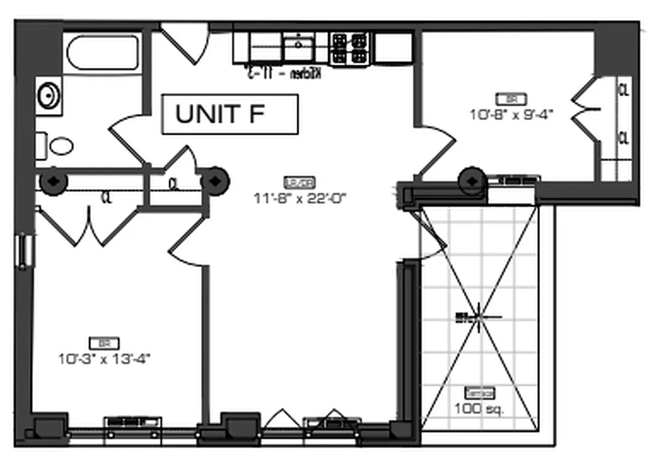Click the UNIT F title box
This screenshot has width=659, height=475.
point(229,114)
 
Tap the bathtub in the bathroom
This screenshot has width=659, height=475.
point(102,53)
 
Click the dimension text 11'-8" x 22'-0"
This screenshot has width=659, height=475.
point(300,199)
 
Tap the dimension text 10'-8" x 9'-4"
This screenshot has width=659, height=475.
point(511,115)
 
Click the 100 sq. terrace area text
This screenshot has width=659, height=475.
point(479,409)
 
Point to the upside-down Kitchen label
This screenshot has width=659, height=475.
point(284,74)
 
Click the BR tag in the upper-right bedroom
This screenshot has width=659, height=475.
point(511,99)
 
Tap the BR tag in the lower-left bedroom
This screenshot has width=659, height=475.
point(104,343)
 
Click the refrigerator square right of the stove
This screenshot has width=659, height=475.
point(394,47)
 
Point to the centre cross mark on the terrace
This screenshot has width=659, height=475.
point(479,317)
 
